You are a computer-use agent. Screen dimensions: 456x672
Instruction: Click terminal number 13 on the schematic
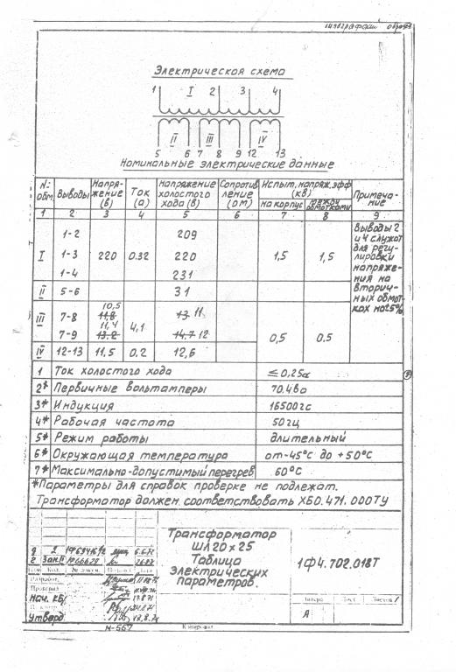coord(280,153)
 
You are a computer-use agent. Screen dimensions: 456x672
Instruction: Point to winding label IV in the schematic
coord(263,136)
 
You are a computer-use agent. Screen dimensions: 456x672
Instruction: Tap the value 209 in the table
coord(186,234)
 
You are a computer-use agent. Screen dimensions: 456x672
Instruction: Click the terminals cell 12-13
coord(73,352)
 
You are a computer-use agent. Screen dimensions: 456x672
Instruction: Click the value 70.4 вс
coord(289,388)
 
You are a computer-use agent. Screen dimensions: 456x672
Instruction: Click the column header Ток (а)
coord(139,194)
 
